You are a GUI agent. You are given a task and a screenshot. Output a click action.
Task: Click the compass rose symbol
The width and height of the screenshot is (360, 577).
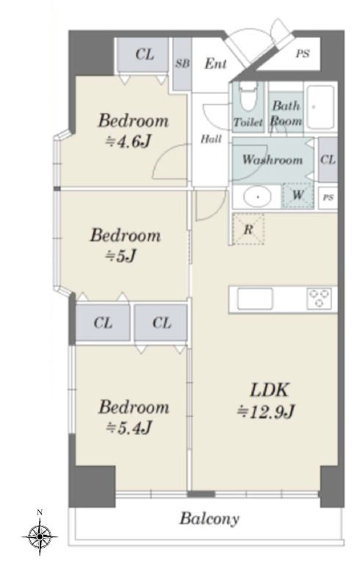click(x=40, y=537)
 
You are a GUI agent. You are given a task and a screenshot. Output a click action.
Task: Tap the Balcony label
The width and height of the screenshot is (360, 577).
click(x=209, y=518)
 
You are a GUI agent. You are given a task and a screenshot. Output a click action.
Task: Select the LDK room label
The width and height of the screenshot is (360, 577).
click(x=269, y=390)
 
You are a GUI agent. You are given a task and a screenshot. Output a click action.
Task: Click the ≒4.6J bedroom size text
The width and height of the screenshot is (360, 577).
click(x=129, y=141)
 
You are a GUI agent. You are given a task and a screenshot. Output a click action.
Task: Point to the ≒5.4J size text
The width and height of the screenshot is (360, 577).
click(x=129, y=428)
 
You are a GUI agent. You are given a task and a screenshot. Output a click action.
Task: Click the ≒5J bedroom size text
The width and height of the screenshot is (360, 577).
click(x=121, y=256)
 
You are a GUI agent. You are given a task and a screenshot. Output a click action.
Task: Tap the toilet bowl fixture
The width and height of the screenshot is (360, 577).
click(x=248, y=97)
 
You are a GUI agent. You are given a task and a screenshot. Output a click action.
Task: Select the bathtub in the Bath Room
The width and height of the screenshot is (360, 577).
click(x=320, y=107)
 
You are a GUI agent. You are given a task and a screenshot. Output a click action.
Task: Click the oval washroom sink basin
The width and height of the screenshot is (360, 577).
click(x=258, y=197)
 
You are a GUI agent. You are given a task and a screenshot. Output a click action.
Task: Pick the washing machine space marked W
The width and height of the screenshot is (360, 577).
click(x=298, y=196)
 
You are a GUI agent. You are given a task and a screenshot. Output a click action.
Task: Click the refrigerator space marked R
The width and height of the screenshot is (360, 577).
click(x=248, y=229)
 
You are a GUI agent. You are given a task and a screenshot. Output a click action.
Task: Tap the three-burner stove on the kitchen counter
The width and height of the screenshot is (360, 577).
click(x=319, y=298)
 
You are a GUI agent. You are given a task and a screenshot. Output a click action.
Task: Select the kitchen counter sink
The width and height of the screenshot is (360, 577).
click(x=255, y=298)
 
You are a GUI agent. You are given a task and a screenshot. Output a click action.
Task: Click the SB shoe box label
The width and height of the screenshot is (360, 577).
click(x=182, y=64)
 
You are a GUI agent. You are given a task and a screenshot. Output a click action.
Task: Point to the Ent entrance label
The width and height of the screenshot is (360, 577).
click(x=215, y=64)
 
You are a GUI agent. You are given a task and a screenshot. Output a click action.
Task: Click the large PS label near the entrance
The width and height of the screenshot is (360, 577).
click(x=303, y=54)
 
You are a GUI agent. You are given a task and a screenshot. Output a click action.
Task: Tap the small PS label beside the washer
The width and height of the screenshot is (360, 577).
click(x=328, y=198)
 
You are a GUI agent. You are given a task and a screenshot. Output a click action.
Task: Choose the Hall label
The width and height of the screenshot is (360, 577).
click(x=211, y=139)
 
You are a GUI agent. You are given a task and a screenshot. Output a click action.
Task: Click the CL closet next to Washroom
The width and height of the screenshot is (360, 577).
click(x=328, y=160)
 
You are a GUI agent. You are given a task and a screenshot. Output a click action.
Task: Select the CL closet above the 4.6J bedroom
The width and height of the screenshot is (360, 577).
click(x=144, y=55)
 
